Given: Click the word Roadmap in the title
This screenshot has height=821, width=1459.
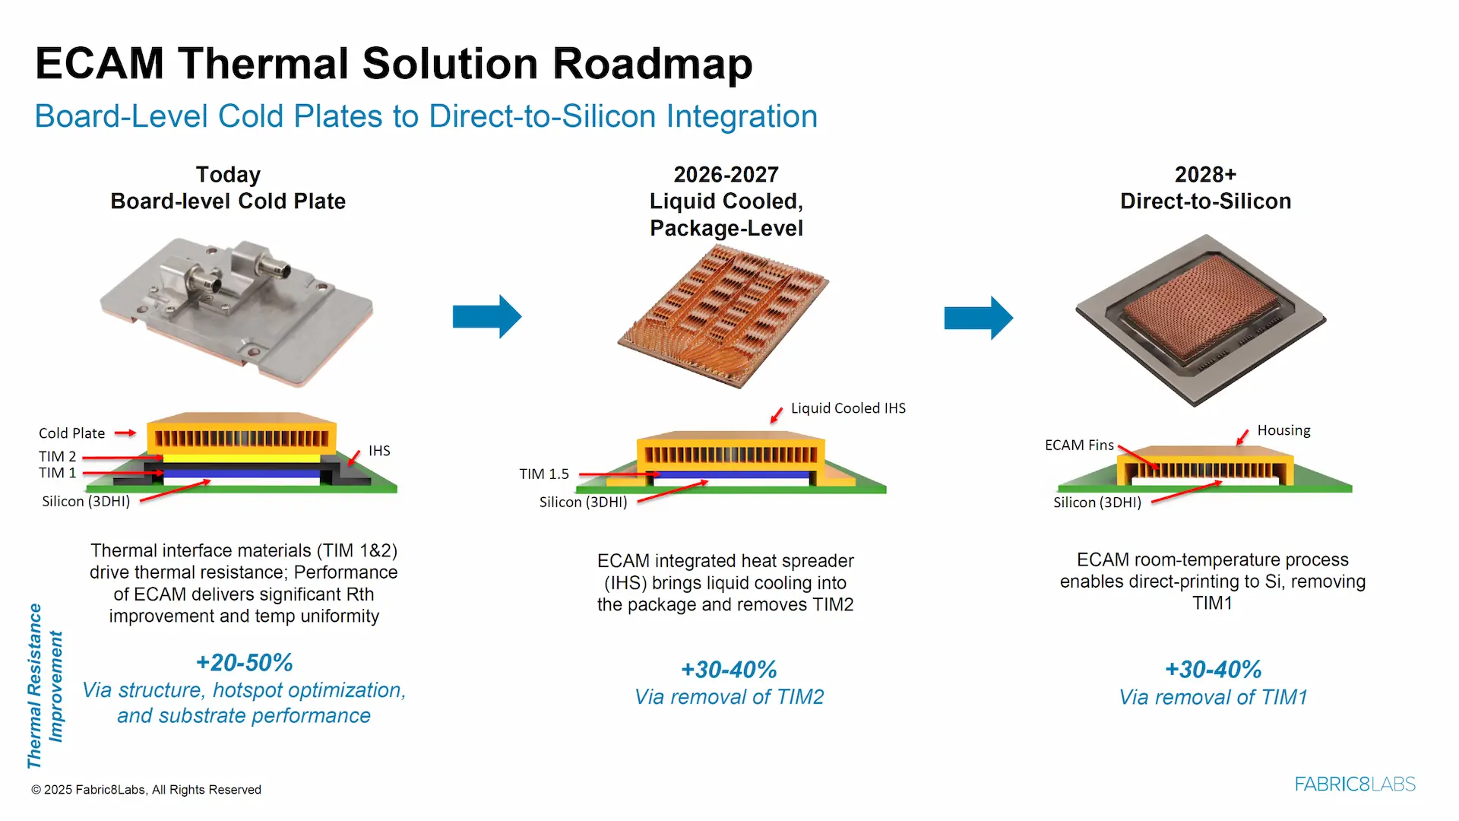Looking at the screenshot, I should (652, 64).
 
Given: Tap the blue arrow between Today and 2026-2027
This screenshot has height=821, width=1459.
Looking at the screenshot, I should (486, 316).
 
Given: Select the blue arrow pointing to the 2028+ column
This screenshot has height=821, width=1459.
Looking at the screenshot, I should (978, 318).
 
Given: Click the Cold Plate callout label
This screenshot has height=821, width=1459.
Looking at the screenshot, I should (71, 433).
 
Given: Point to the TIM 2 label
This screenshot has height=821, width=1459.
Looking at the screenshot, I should (57, 456).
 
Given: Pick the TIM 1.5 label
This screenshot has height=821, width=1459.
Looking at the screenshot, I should (544, 474).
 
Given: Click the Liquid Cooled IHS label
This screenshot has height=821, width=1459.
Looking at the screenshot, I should (848, 408).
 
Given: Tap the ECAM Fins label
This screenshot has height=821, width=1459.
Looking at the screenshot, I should (1079, 445).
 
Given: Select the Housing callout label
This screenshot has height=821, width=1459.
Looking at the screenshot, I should (1283, 430).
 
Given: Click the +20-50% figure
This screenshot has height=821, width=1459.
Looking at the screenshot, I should (244, 662).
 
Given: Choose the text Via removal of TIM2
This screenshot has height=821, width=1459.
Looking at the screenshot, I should (729, 696).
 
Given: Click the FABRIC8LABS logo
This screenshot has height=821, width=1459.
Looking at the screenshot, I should (1355, 784).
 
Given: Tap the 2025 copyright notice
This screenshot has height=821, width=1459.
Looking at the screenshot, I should (146, 790).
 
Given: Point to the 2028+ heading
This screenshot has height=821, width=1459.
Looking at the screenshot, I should (1205, 175).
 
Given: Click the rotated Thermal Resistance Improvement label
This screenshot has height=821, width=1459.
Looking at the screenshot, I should (45, 686).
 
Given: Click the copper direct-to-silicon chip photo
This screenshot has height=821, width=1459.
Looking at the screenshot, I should (1201, 319).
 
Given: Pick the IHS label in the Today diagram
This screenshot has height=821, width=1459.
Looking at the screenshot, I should (379, 451).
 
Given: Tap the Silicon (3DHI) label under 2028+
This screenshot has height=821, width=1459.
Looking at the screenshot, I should (1097, 502).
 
